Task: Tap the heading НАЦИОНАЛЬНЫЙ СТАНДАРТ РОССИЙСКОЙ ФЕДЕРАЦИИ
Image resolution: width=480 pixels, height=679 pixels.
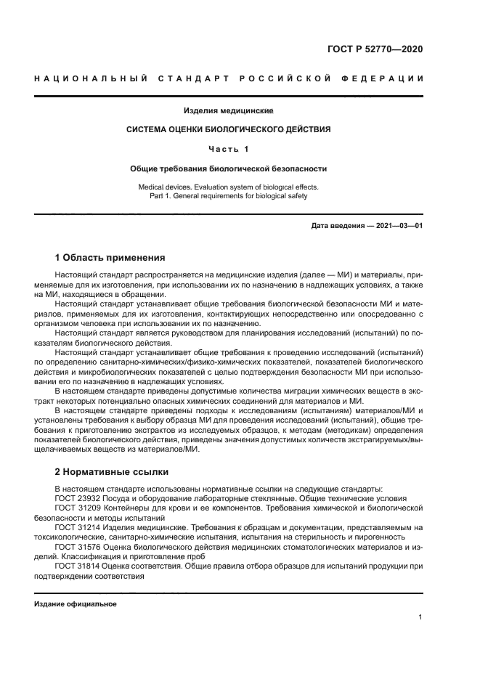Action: pyautogui.click(x=229, y=78)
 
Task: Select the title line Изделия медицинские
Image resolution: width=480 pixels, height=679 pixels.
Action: pyautogui.click(x=228, y=111)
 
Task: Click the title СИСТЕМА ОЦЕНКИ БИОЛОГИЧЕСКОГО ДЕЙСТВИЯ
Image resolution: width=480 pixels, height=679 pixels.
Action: pyautogui.click(x=228, y=130)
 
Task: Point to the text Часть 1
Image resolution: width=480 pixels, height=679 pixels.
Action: pyautogui.click(x=228, y=150)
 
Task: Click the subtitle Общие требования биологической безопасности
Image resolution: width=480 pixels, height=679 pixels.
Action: pyautogui.click(x=228, y=168)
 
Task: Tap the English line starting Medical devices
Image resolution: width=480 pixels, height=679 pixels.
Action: pyautogui.click(x=228, y=187)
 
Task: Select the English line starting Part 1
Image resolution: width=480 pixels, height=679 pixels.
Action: pyautogui.click(x=228, y=195)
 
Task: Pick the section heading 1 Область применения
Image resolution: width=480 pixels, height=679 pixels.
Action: pyautogui.click(x=110, y=257)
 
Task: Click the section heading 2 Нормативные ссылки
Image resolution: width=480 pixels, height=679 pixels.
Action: pyautogui.click(x=111, y=471)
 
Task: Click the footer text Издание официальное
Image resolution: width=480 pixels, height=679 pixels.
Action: pyautogui.click(x=76, y=603)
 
